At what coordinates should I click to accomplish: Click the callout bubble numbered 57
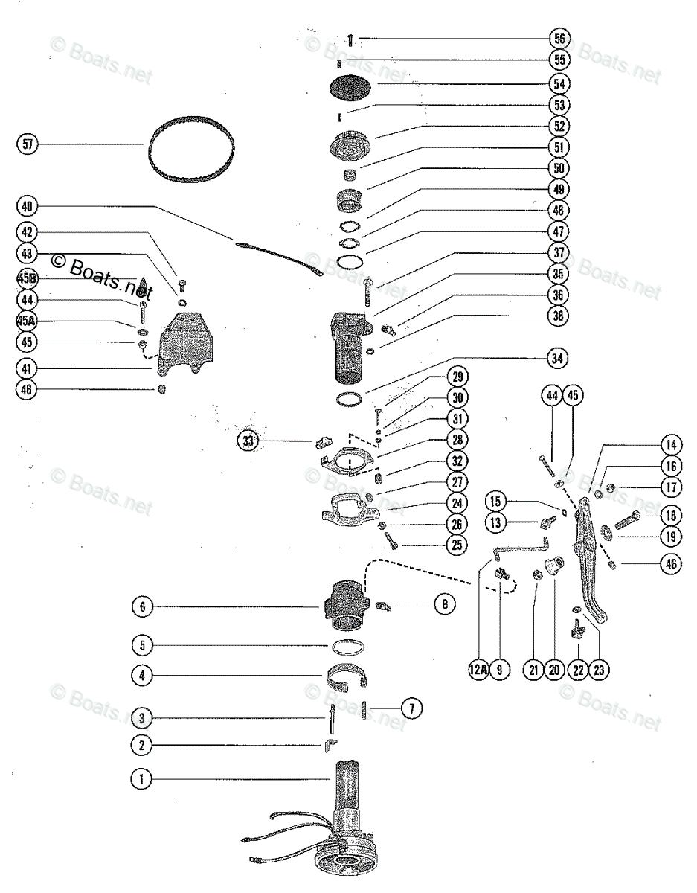[28, 144]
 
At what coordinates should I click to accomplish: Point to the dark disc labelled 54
[350, 87]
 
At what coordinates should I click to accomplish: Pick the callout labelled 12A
[478, 669]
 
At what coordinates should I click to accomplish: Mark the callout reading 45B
[28, 278]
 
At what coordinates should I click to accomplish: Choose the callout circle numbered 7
[411, 705]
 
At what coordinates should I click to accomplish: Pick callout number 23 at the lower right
[599, 669]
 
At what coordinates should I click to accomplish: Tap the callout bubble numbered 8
[443, 605]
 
